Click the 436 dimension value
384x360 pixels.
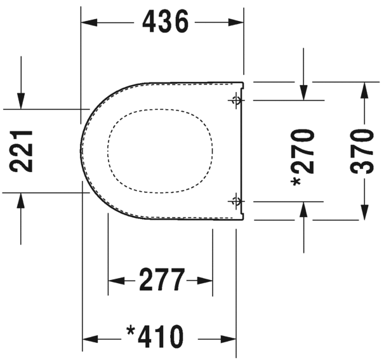(165, 22)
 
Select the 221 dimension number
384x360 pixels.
(21, 151)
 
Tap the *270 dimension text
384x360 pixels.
(302, 157)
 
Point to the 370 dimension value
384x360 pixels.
(362, 151)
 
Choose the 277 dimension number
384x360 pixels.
(162, 279)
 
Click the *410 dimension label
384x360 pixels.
(155, 336)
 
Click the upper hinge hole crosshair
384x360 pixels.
(236, 100)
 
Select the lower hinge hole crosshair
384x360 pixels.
(236, 201)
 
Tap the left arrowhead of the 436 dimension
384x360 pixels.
(89, 22)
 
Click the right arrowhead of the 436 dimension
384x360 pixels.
(236, 22)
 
